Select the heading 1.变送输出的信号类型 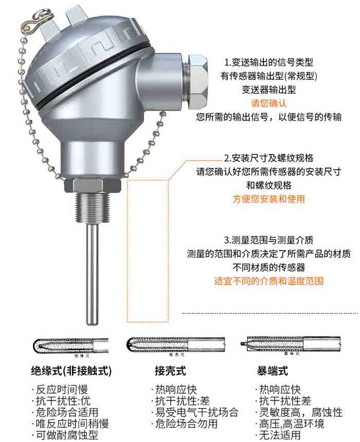point(269,62)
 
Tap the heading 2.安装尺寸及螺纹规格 point(268,157)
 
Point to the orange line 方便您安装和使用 point(268,199)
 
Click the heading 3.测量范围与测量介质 point(269,240)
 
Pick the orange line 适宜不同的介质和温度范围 point(268,281)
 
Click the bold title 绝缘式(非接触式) point(71,370)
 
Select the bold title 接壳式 point(170,370)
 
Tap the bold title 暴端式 point(273,370)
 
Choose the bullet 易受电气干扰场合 point(195,412)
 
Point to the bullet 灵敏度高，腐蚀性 point(299,412)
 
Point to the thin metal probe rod point(93,278)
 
